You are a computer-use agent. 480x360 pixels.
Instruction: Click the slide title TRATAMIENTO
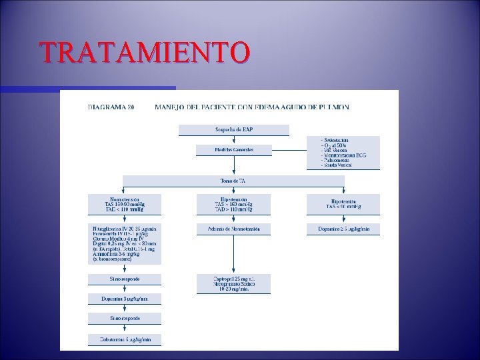145,52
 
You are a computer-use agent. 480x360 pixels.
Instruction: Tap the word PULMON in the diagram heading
333,106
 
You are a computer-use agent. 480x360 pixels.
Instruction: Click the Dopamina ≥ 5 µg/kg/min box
343,229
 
